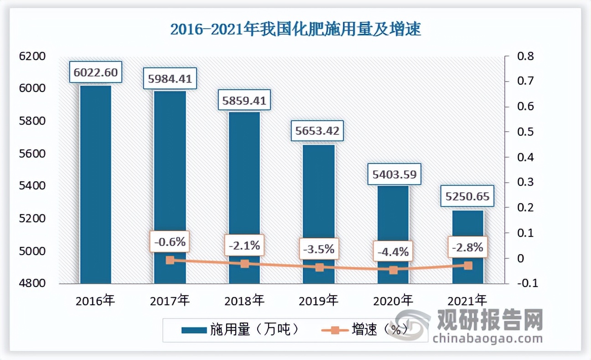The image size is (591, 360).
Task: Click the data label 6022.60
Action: [x=96, y=72]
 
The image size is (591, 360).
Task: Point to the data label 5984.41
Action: [x=170, y=78]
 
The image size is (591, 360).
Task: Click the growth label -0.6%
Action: [x=170, y=242]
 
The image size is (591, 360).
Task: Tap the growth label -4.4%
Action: [x=393, y=251]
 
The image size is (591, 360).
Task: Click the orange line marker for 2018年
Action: [x=245, y=264]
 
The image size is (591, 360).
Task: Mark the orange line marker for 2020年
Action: [x=393, y=270]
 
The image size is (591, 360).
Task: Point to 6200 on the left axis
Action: [x=33, y=57]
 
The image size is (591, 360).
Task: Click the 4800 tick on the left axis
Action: [x=33, y=283]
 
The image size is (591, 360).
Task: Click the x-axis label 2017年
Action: [x=170, y=300]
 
